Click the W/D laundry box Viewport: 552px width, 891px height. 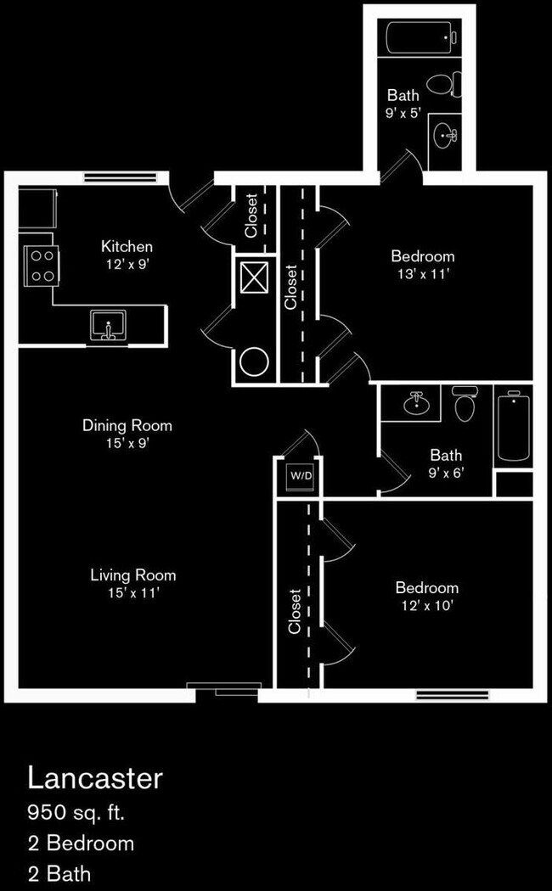coord(301,476)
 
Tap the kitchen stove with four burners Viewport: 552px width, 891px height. coord(42,265)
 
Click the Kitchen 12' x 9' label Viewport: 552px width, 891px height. coord(127,255)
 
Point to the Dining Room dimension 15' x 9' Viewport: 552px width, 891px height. coord(127,443)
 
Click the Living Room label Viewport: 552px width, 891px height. coord(132,575)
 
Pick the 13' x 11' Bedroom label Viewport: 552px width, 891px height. coord(422,264)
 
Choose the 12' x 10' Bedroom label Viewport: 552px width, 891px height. coord(426,596)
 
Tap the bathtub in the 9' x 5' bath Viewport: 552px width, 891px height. coord(422,37)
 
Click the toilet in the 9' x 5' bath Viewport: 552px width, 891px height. coord(442,84)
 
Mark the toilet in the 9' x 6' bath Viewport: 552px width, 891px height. coord(465,405)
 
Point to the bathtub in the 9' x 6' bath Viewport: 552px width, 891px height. coord(513,424)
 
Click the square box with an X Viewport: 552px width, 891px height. coord(254,277)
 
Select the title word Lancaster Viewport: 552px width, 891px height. coord(94,777)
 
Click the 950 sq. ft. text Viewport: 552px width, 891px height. coord(76,813)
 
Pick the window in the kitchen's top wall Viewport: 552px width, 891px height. coord(121,178)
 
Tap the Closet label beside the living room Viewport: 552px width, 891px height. coord(295,611)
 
